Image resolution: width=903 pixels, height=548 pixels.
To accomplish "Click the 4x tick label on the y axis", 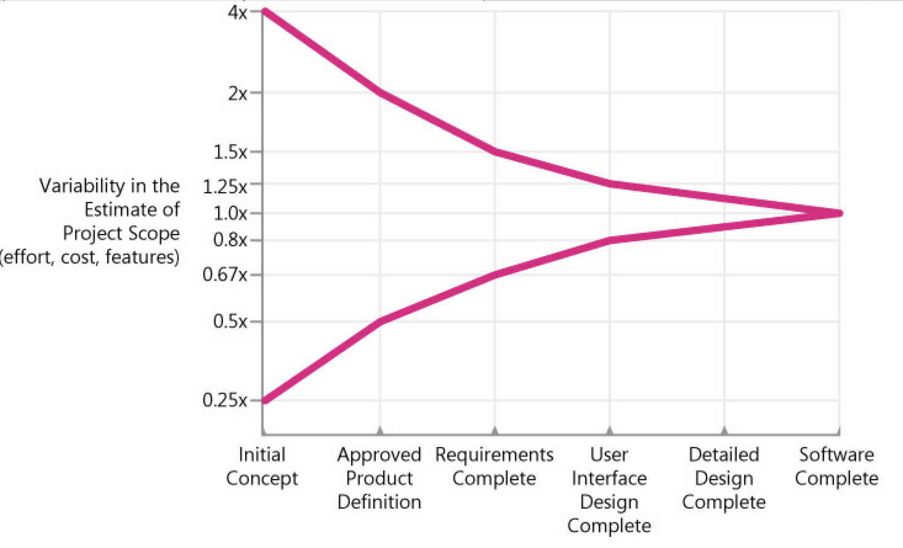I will pos(237,12).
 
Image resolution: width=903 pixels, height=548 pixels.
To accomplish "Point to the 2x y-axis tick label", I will pos(237,94).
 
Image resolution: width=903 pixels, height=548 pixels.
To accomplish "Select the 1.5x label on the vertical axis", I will pos(230,152).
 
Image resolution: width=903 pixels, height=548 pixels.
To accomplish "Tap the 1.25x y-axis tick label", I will pos(225,185).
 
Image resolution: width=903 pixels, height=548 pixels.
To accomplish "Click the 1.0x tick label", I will pos(230,213).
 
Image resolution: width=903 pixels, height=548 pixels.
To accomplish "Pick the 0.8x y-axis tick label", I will pos(230,240).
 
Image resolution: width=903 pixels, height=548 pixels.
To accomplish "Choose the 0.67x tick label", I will pos(225,274).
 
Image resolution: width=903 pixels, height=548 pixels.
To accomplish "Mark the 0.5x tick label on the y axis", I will pos(230,321).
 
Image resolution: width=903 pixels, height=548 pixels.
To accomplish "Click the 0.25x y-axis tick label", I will pos(225,400).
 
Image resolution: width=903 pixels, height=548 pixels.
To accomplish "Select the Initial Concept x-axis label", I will pos(262,466).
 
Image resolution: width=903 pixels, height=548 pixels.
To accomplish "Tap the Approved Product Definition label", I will pos(379,478).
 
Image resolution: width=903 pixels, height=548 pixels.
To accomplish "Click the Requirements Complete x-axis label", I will pos(494,466).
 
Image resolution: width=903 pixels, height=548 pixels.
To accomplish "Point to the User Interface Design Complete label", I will pos(609,490).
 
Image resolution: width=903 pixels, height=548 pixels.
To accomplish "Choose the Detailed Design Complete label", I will pos(724,478).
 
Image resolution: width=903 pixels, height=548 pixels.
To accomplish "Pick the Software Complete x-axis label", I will pos(836,466).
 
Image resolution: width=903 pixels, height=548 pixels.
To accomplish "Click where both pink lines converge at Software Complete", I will pos(838,213).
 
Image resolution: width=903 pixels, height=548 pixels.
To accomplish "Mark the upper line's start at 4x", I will pos(265,11).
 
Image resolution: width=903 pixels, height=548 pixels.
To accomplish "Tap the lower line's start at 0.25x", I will pos(265,400).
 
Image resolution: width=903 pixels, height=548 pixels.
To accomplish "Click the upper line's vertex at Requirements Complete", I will pos(495,151).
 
